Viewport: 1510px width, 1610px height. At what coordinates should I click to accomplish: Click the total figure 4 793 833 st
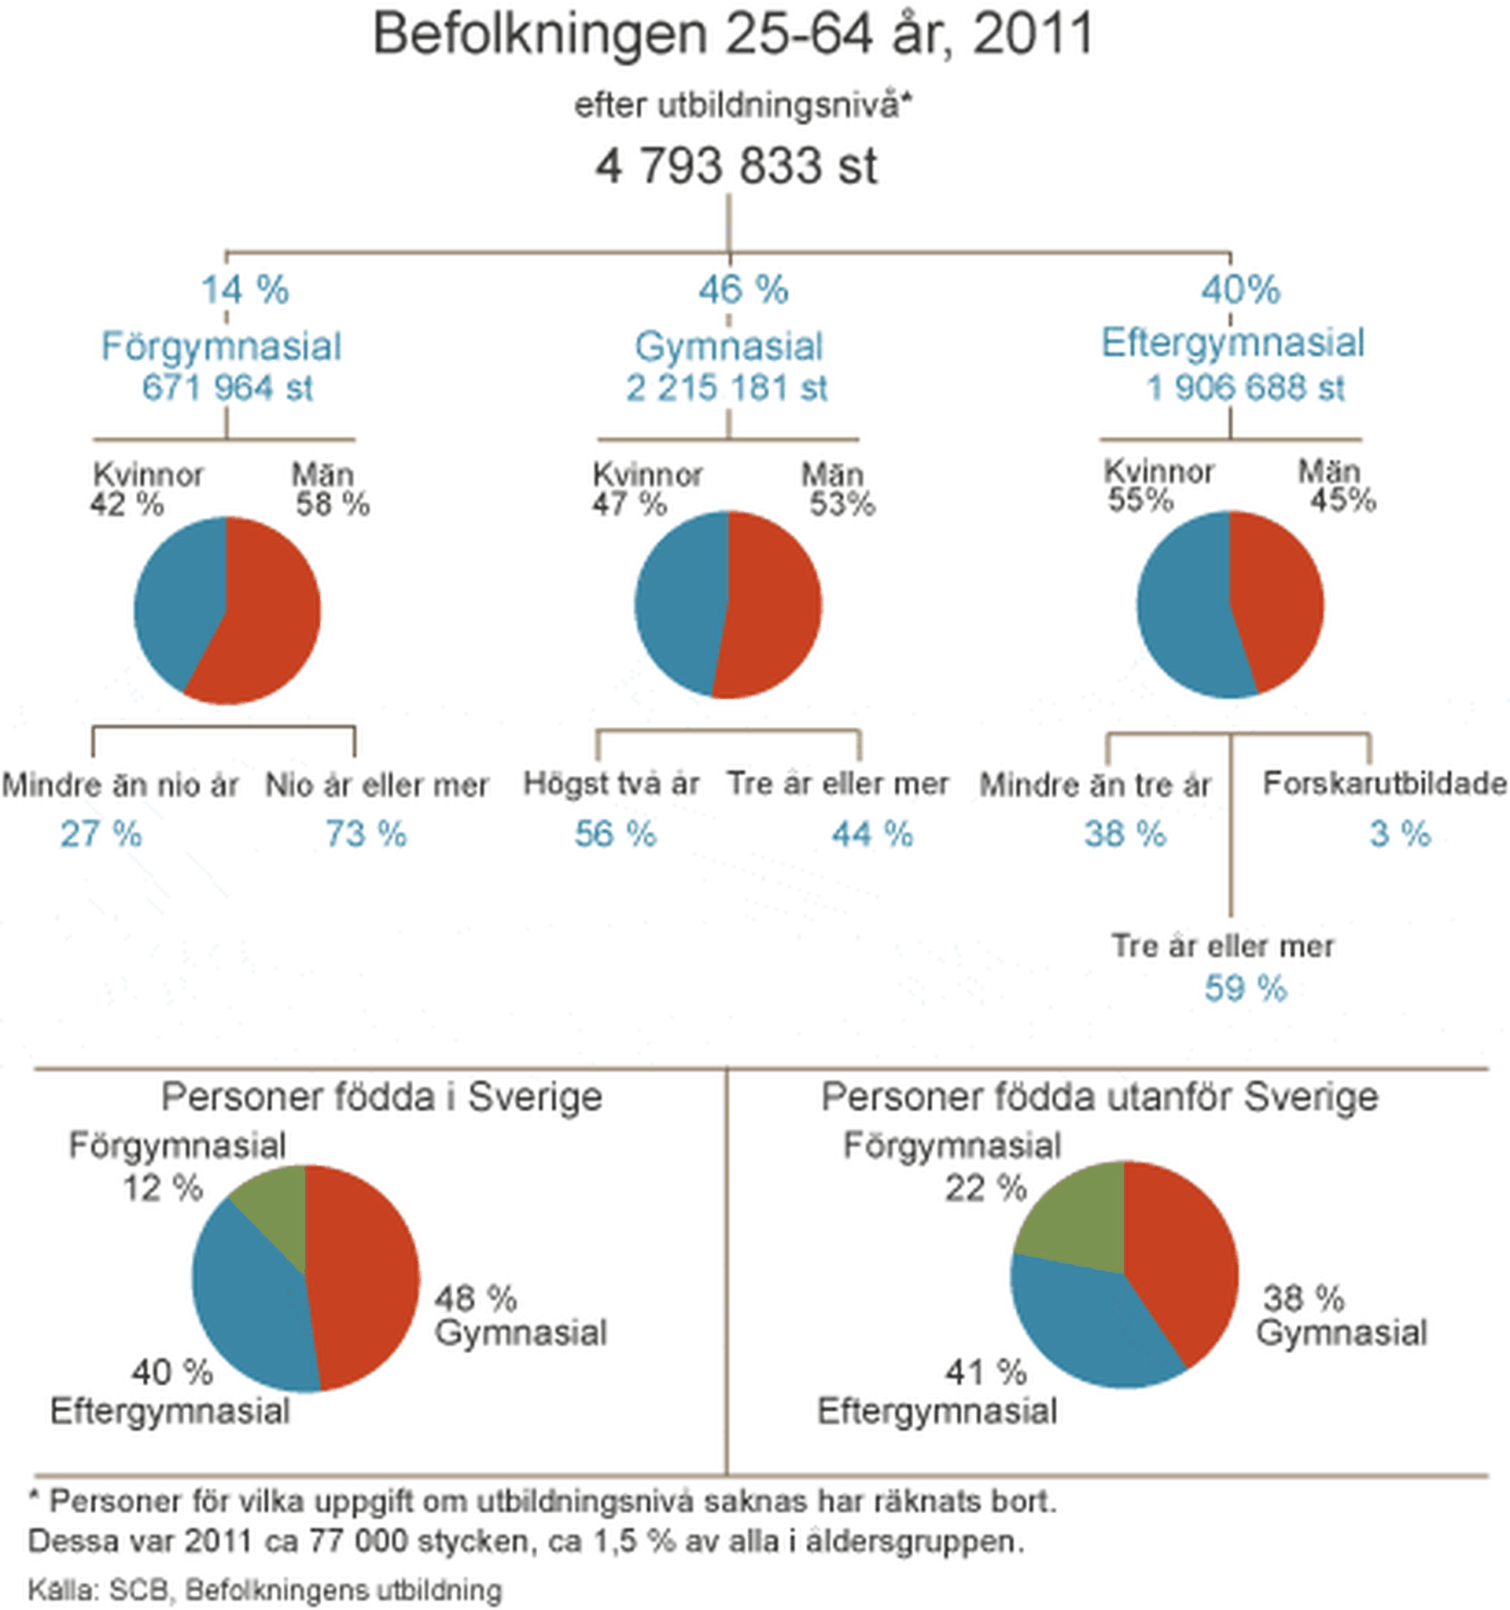(x=735, y=167)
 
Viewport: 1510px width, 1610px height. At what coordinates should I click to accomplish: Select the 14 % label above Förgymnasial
(x=245, y=290)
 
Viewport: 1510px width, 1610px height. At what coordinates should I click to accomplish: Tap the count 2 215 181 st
(x=727, y=388)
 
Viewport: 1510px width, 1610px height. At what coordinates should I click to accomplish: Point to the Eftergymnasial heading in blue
(x=1232, y=343)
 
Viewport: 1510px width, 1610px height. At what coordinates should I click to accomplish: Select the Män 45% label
(x=1337, y=486)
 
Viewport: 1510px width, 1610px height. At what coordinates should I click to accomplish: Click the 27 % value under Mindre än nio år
(x=101, y=834)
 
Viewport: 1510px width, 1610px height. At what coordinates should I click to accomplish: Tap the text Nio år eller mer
(x=377, y=785)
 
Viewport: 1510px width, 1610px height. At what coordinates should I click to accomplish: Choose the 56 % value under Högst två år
(x=615, y=834)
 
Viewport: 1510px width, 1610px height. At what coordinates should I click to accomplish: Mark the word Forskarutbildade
(x=1384, y=783)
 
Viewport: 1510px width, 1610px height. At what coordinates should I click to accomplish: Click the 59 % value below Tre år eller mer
(x=1245, y=989)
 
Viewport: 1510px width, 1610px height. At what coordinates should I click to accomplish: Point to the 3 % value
(x=1400, y=834)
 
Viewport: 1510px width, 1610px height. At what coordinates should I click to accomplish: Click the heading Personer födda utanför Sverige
(x=1099, y=1098)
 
